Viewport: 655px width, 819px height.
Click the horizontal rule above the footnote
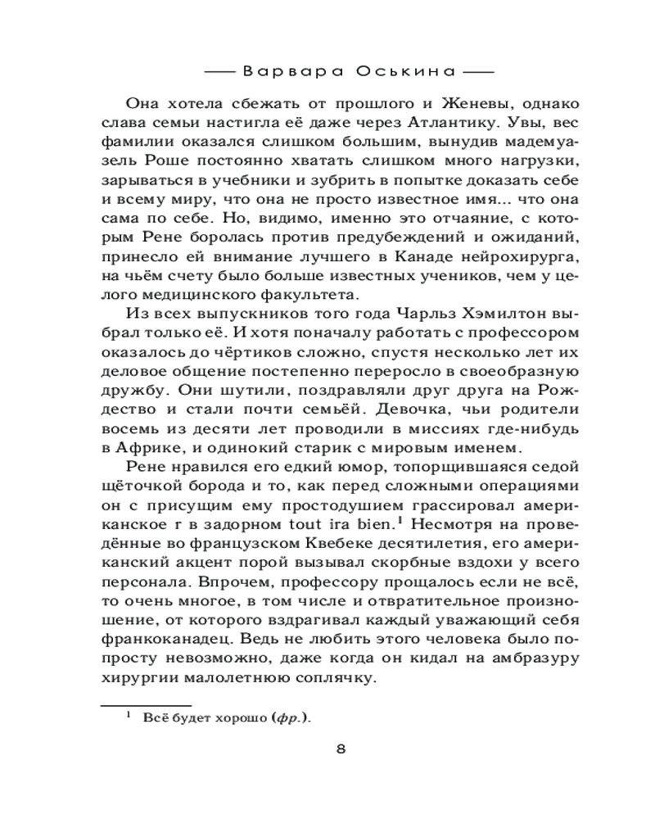(x=145, y=704)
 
